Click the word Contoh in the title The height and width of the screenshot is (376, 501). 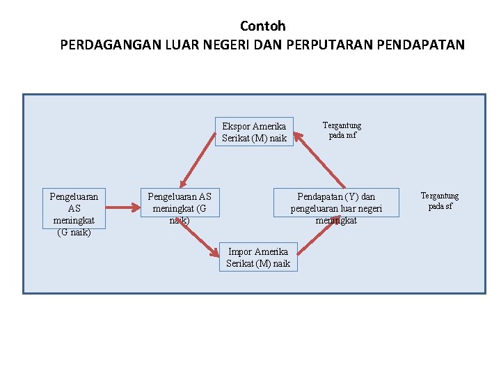click(262, 26)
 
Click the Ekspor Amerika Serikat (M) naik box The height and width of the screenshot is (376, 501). click(254, 132)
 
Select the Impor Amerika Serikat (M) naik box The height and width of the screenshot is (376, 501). click(258, 257)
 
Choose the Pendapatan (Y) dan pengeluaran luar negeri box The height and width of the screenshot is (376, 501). click(336, 208)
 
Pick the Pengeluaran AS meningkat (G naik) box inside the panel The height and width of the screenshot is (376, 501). click(180, 208)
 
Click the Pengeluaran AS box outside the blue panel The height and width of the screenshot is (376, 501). click(74, 212)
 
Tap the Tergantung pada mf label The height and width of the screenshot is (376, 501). click(342, 130)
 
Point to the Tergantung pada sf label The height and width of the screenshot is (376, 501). click(440, 201)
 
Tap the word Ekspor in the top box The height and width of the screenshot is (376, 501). click(236, 127)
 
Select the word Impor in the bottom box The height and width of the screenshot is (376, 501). click(240, 251)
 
